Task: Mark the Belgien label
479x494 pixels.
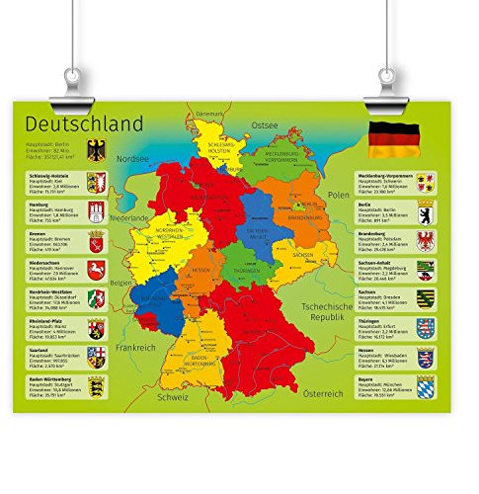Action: point(120,282)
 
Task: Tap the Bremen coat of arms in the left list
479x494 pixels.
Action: point(96,241)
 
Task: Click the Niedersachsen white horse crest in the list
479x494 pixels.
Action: point(96,271)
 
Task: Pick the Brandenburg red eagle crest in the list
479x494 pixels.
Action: point(426,240)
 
